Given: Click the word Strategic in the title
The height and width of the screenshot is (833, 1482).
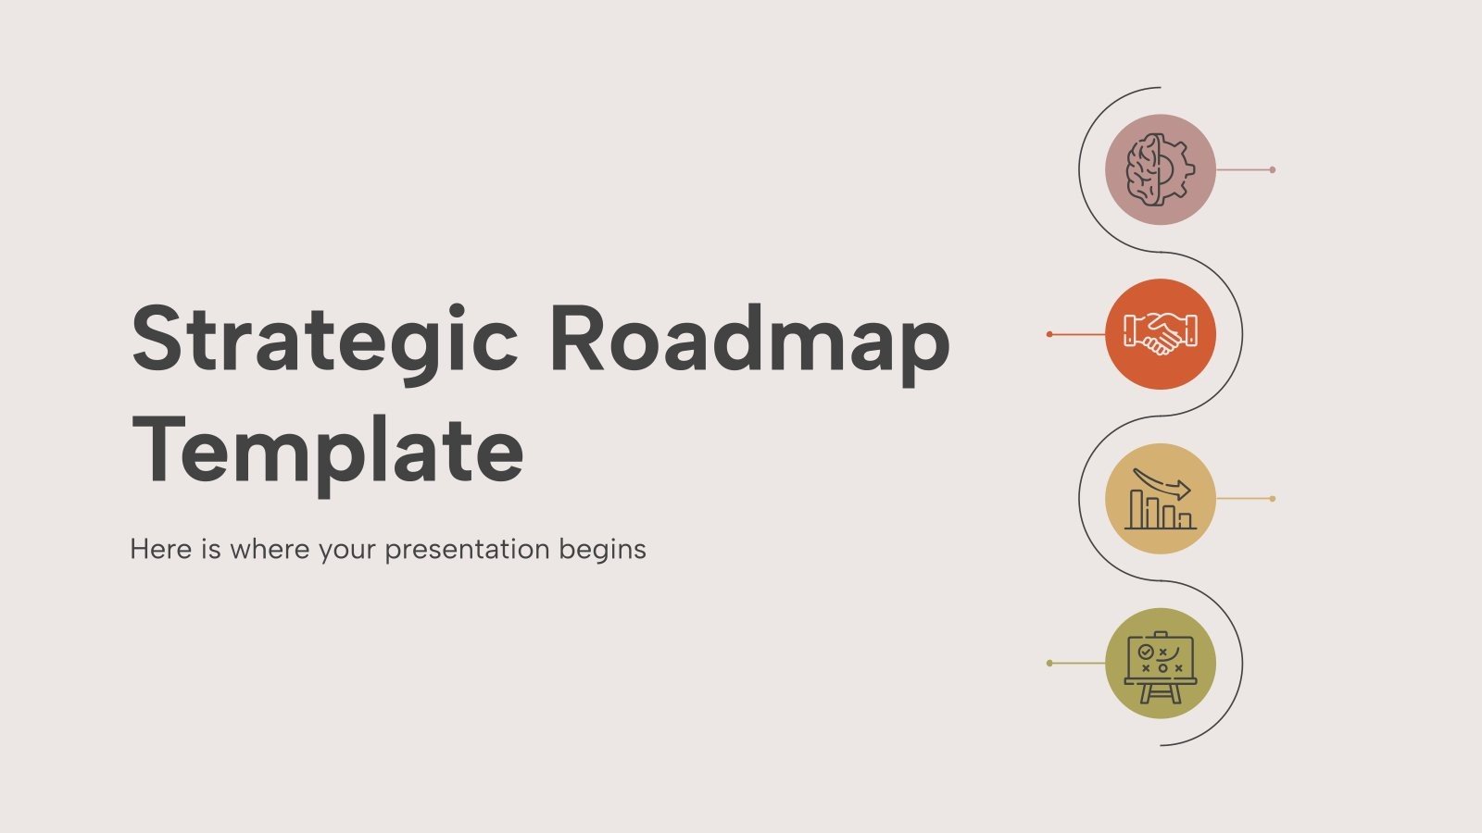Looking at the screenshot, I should (x=324, y=341).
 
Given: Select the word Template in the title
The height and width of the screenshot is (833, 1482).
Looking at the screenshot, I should (x=328, y=452).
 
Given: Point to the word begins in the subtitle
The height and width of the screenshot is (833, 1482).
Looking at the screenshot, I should (x=602, y=550).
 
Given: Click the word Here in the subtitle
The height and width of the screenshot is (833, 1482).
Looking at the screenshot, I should (x=161, y=549).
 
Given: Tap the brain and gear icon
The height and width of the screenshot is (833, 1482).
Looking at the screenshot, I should (x=1160, y=170).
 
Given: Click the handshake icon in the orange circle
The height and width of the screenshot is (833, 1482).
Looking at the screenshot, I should (x=1160, y=334).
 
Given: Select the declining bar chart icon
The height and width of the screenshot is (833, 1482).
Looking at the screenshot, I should (x=1160, y=499).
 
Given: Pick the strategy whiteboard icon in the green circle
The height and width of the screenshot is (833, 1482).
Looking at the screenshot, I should (x=1160, y=664).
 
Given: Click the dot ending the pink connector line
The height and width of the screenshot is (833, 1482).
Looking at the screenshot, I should (x=1272, y=170).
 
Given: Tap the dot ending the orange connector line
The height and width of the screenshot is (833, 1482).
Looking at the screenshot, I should (x=1049, y=334).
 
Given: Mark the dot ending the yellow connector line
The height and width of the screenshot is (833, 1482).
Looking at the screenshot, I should (x=1272, y=499).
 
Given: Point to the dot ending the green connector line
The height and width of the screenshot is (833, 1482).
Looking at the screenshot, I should (x=1049, y=664).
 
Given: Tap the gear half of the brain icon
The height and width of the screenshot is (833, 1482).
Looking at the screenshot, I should (x=1178, y=170).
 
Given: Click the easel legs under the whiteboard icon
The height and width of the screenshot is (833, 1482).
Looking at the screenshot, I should (x=1160, y=693).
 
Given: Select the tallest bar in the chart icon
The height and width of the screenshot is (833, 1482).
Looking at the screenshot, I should (x=1137, y=509).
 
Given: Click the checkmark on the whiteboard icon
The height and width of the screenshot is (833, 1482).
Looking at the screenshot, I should (x=1146, y=652).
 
